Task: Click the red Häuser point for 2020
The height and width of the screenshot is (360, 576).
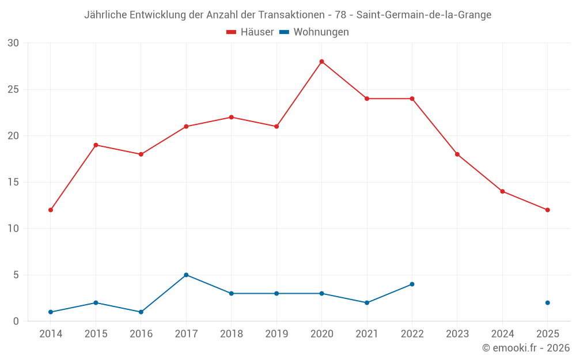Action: point(321,62)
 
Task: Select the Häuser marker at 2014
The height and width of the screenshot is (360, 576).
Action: point(51,210)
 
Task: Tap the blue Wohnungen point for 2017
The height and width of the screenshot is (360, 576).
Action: point(186,275)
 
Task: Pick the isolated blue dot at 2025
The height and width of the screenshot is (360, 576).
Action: point(547,302)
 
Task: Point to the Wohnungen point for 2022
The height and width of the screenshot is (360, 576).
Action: point(412,284)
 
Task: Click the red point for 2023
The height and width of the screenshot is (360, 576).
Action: point(457,154)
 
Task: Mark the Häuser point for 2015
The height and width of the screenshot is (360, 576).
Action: point(96,145)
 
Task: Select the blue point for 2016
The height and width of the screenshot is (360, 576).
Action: point(141,312)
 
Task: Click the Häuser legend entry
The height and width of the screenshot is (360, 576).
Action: point(250,32)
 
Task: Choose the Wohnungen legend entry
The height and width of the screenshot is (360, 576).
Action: point(314,32)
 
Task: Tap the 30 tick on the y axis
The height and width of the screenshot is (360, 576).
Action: point(13,43)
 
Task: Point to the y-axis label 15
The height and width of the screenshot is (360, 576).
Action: point(13,182)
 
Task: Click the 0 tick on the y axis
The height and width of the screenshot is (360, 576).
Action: point(16,321)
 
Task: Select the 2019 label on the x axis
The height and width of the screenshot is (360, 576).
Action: point(276,334)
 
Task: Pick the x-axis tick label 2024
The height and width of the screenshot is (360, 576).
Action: point(502,334)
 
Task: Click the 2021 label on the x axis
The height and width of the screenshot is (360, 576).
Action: point(367,334)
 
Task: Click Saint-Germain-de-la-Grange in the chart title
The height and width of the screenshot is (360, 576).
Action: point(424,15)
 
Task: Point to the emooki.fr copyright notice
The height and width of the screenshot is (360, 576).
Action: point(525,348)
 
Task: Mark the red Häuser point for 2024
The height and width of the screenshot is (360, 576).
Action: point(502,191)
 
